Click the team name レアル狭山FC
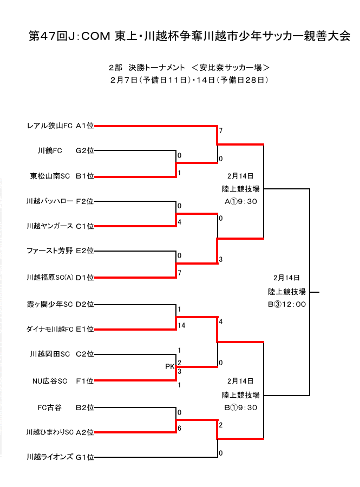(x=50, y=126)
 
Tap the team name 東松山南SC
(x=50, y=176)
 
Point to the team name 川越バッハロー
(x=50, y=201)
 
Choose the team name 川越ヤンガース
(x=50, y=226)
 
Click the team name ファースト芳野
(x=50, y=251)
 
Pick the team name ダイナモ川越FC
(x=50, y=329)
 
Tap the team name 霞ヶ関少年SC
(x=50, y=304)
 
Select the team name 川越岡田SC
(x=50, y=354)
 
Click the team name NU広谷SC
(x=50, y=381)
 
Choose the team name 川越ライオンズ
(x=50, y=457)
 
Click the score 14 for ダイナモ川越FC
(x=181, y=326)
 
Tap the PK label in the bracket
(x=169, y=367)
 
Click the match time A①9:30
(x=241, y=201)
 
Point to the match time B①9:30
(x=241, y=407)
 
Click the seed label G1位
(x=84, y=457)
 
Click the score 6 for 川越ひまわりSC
(x=179, y=428)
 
